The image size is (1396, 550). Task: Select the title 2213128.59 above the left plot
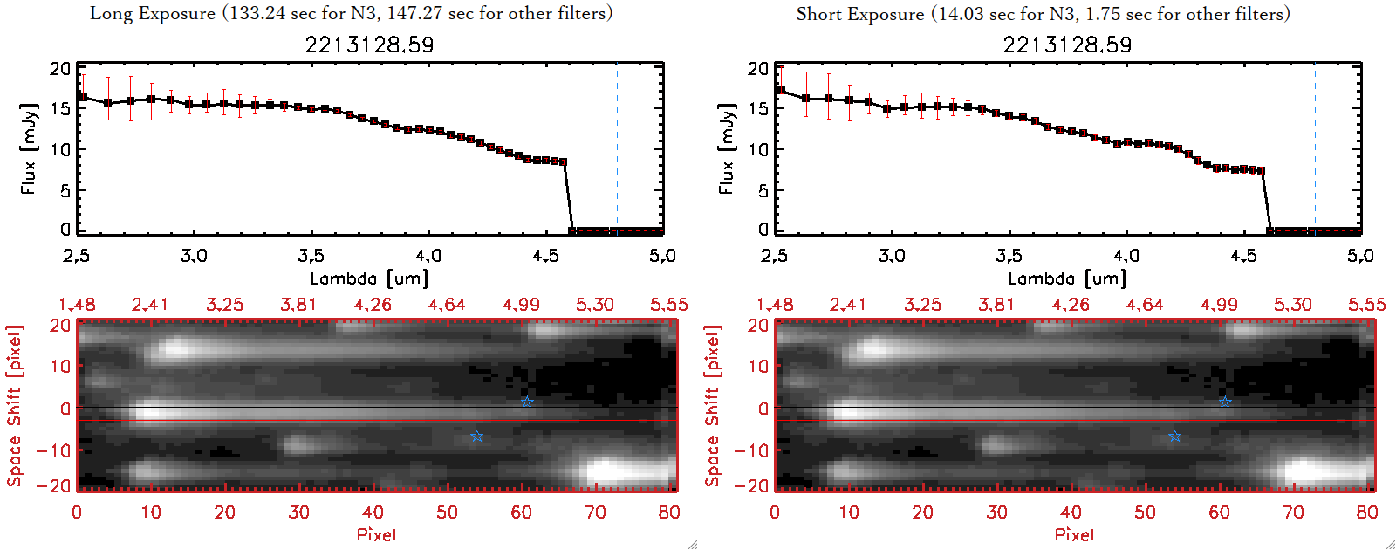[369, 45]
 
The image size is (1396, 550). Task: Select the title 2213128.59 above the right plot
[1067, 45]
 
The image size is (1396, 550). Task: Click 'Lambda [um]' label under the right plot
[1067, 278]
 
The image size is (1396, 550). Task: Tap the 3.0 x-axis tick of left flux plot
[194, 256]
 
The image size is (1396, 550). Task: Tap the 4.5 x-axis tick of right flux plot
[1243, 256]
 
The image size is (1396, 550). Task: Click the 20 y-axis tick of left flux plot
[60, 68]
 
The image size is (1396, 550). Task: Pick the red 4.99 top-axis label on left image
[521, 305]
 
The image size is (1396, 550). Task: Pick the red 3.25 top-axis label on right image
[922, 305]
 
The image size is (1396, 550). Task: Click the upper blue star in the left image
[527, 402]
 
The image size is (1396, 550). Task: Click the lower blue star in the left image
[476, 436]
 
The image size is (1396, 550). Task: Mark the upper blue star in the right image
[1225, 402]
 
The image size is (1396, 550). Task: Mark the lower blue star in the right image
[1174, 436]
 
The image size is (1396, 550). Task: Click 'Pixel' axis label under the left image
[376, 534]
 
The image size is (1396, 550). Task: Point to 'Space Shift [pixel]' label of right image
[713, 406]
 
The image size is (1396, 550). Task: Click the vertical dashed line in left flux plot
[617, 148]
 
